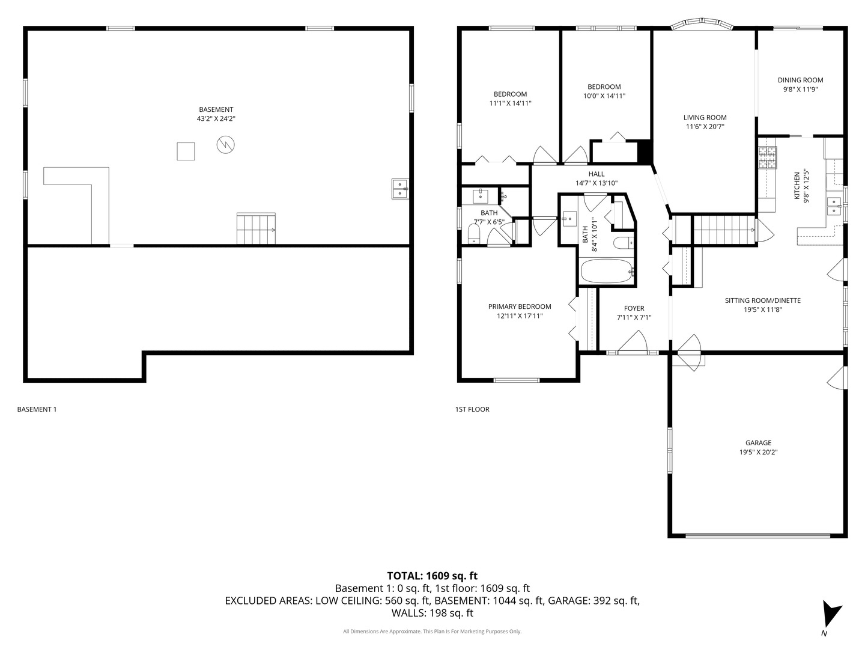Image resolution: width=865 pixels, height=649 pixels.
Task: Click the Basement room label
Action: (x=216, y=109)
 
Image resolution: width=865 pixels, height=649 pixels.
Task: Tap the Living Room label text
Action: (x=705, y=118)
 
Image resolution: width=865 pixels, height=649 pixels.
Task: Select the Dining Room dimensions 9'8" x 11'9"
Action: (x=800, y=90)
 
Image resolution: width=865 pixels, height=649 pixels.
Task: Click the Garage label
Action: (x=758, y=443)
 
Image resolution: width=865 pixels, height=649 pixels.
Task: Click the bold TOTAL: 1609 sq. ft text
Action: (x=432, y=576)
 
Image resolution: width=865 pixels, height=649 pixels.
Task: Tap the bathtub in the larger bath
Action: (x=607, y=272)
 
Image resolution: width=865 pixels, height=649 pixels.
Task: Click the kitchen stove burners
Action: (x=767, y=157)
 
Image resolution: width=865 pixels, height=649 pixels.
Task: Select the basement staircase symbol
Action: (x=256, y=229)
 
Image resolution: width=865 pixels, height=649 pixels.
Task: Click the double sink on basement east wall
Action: (x=399, y=189)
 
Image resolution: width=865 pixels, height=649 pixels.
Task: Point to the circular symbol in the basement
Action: (x=226, y=144)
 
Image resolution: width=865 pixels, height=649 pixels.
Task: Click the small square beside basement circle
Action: (x=186, y=151)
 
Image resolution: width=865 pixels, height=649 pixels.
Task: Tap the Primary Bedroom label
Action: (x=519, y=306)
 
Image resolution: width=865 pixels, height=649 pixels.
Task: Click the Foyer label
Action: (x=634, y=309)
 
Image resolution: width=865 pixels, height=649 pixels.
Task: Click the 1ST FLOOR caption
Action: (x=472, y=409)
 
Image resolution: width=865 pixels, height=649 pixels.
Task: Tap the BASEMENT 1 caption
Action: (x=37, y=409)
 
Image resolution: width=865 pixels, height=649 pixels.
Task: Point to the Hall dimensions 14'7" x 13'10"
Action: (x=596, y=183)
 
